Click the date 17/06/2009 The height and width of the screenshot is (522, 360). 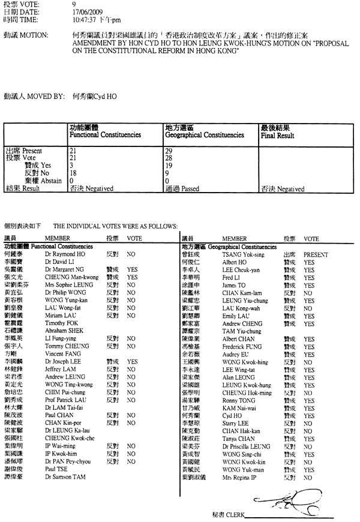pos(86,11)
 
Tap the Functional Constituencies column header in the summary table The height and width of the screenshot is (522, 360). pos(105,135)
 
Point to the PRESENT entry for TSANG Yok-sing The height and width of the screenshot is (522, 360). pos(316,254)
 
